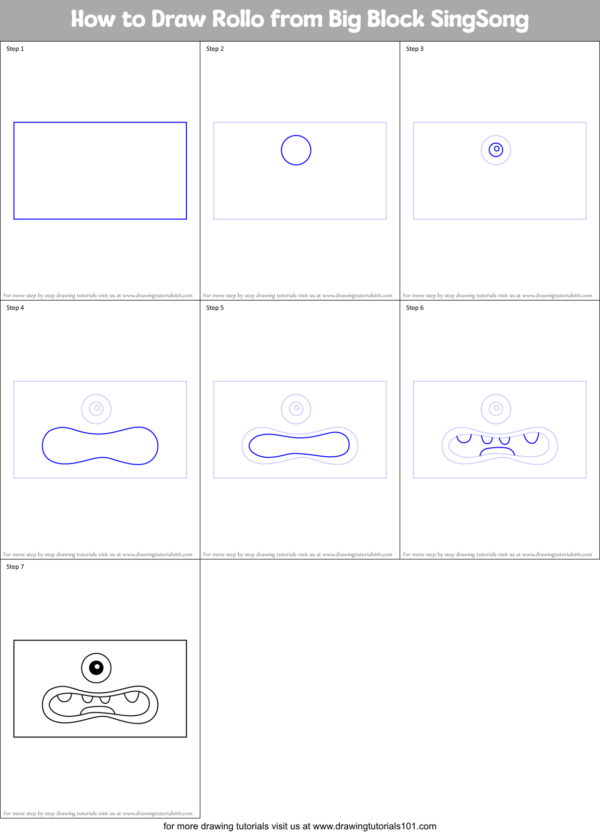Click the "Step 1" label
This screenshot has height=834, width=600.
(15, 49)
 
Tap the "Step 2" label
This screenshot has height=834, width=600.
(215, 49)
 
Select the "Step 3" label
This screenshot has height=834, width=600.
(415, 49)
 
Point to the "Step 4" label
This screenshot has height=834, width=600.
(15, 308)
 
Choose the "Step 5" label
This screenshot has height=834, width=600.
(215, 308)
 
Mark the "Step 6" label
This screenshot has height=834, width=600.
(415, 308)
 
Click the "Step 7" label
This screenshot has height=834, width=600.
(15, 567)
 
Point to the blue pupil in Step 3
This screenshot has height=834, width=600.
(496, 149)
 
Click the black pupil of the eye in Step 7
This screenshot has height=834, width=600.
(97, 667)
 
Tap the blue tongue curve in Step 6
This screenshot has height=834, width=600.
(497, 450)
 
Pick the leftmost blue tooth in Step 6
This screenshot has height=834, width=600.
(463, 439)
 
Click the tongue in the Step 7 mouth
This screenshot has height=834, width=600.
(98, 710)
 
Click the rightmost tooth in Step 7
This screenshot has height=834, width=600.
(132, 696)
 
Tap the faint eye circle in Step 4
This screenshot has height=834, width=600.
(97, 408)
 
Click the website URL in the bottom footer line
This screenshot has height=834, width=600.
(374, 826)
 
